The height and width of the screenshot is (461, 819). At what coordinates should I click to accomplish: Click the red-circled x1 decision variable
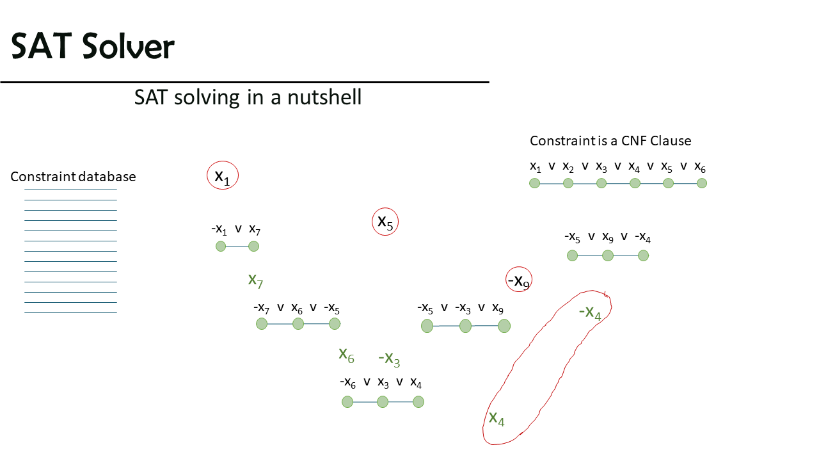pos(222,175)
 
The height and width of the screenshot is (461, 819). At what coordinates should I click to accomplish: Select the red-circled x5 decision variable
pos(385,222)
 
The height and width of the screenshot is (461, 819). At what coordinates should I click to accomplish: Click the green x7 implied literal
pos(255,281)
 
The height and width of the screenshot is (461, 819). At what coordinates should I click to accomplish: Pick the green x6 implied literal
pos(346,355)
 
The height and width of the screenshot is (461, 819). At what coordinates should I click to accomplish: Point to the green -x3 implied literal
pos(389,359)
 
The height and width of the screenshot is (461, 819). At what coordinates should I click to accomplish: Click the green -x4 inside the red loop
pos(590,313)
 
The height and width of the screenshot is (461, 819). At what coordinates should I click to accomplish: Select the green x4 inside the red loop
pos(497,419)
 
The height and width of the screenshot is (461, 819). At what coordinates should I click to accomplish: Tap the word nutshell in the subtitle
pos(324,97)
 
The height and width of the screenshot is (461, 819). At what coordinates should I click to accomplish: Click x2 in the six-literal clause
pos(568,167)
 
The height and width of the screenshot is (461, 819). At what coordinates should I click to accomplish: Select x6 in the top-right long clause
pos(700,167)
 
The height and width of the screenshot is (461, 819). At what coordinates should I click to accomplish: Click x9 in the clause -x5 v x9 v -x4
pos(608,238)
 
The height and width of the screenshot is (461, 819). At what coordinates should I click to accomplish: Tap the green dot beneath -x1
pos(221,247)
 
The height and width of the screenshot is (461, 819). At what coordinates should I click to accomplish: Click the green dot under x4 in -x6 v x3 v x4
pos(418,401)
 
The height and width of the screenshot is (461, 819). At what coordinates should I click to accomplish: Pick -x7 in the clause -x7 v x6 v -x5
pos(262,308)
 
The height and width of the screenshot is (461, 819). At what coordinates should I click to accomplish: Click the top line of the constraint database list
pos(70,190)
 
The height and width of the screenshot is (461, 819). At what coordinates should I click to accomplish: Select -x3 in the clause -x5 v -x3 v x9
pos(463,309)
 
